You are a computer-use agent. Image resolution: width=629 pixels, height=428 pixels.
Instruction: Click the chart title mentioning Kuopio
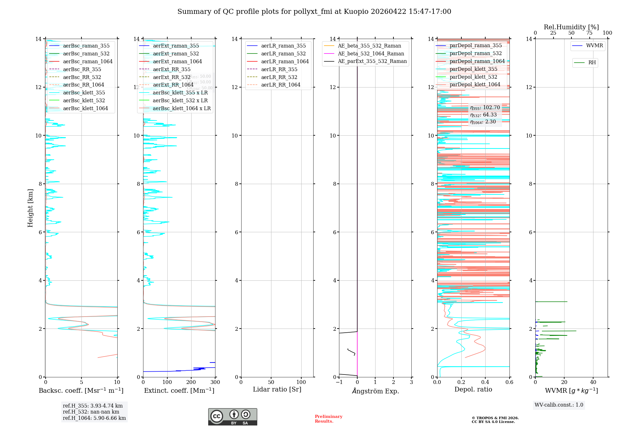click(314, 12)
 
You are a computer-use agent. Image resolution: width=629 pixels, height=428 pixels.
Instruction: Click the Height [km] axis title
click(30, 208)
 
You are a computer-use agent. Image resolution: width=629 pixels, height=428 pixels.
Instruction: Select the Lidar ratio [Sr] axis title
click(277, 390)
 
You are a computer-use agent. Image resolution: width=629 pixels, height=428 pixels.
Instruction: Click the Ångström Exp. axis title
click(376, 391)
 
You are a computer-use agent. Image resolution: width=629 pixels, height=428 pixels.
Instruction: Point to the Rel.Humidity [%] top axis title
click(571, 27)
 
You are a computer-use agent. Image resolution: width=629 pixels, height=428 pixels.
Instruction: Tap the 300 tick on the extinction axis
click(215, 382)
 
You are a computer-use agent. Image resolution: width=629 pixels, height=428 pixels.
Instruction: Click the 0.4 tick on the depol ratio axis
click(485, 382)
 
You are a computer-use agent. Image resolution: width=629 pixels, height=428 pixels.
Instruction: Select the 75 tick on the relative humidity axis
click(589, 33)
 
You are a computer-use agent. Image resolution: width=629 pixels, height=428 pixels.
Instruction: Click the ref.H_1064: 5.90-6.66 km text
click(94, 418)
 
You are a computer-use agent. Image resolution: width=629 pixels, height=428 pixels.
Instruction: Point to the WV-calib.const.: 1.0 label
click(559, 405)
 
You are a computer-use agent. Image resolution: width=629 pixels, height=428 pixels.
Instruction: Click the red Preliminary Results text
click(328, 419)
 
